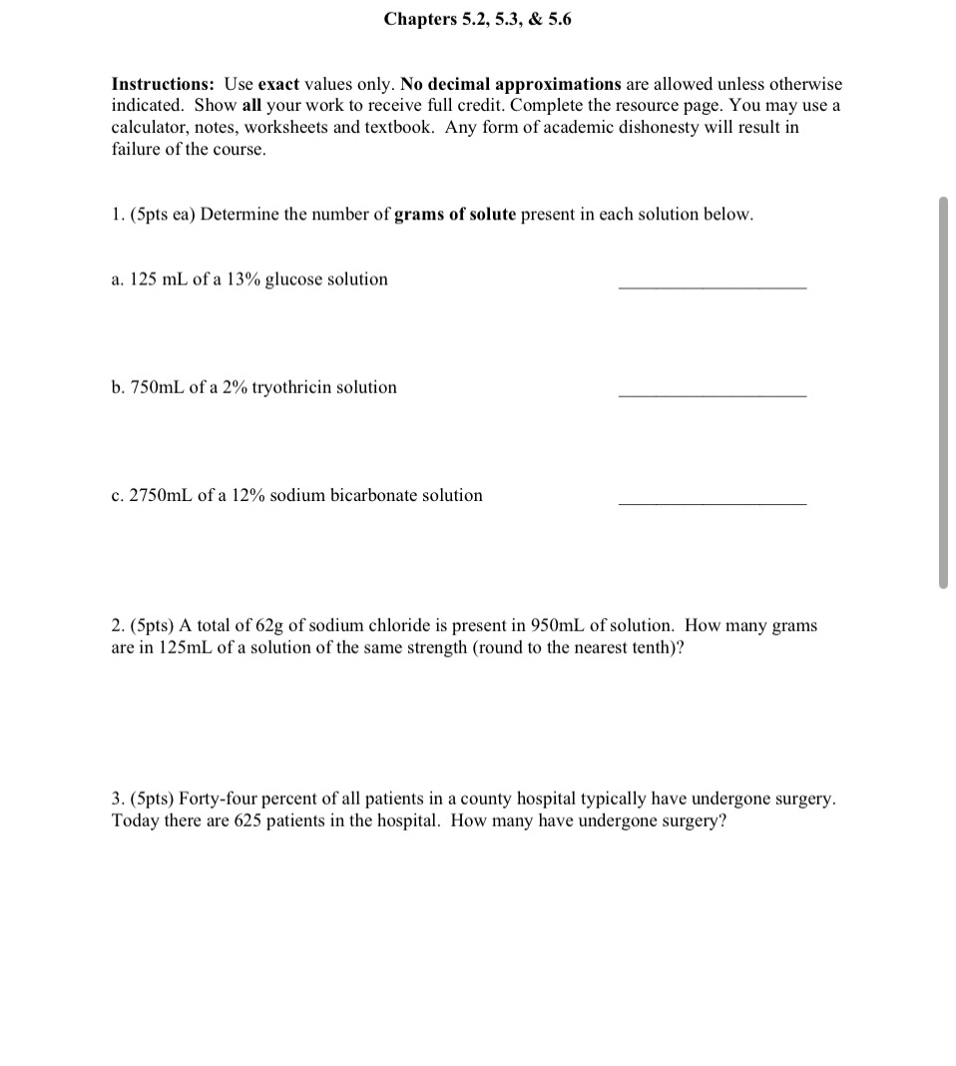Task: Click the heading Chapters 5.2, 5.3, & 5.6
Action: tap(478, 20)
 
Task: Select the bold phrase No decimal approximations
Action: tap(510, 85)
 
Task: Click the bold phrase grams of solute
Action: tap(455, 216)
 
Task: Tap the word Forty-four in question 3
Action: tap(150, 799)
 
